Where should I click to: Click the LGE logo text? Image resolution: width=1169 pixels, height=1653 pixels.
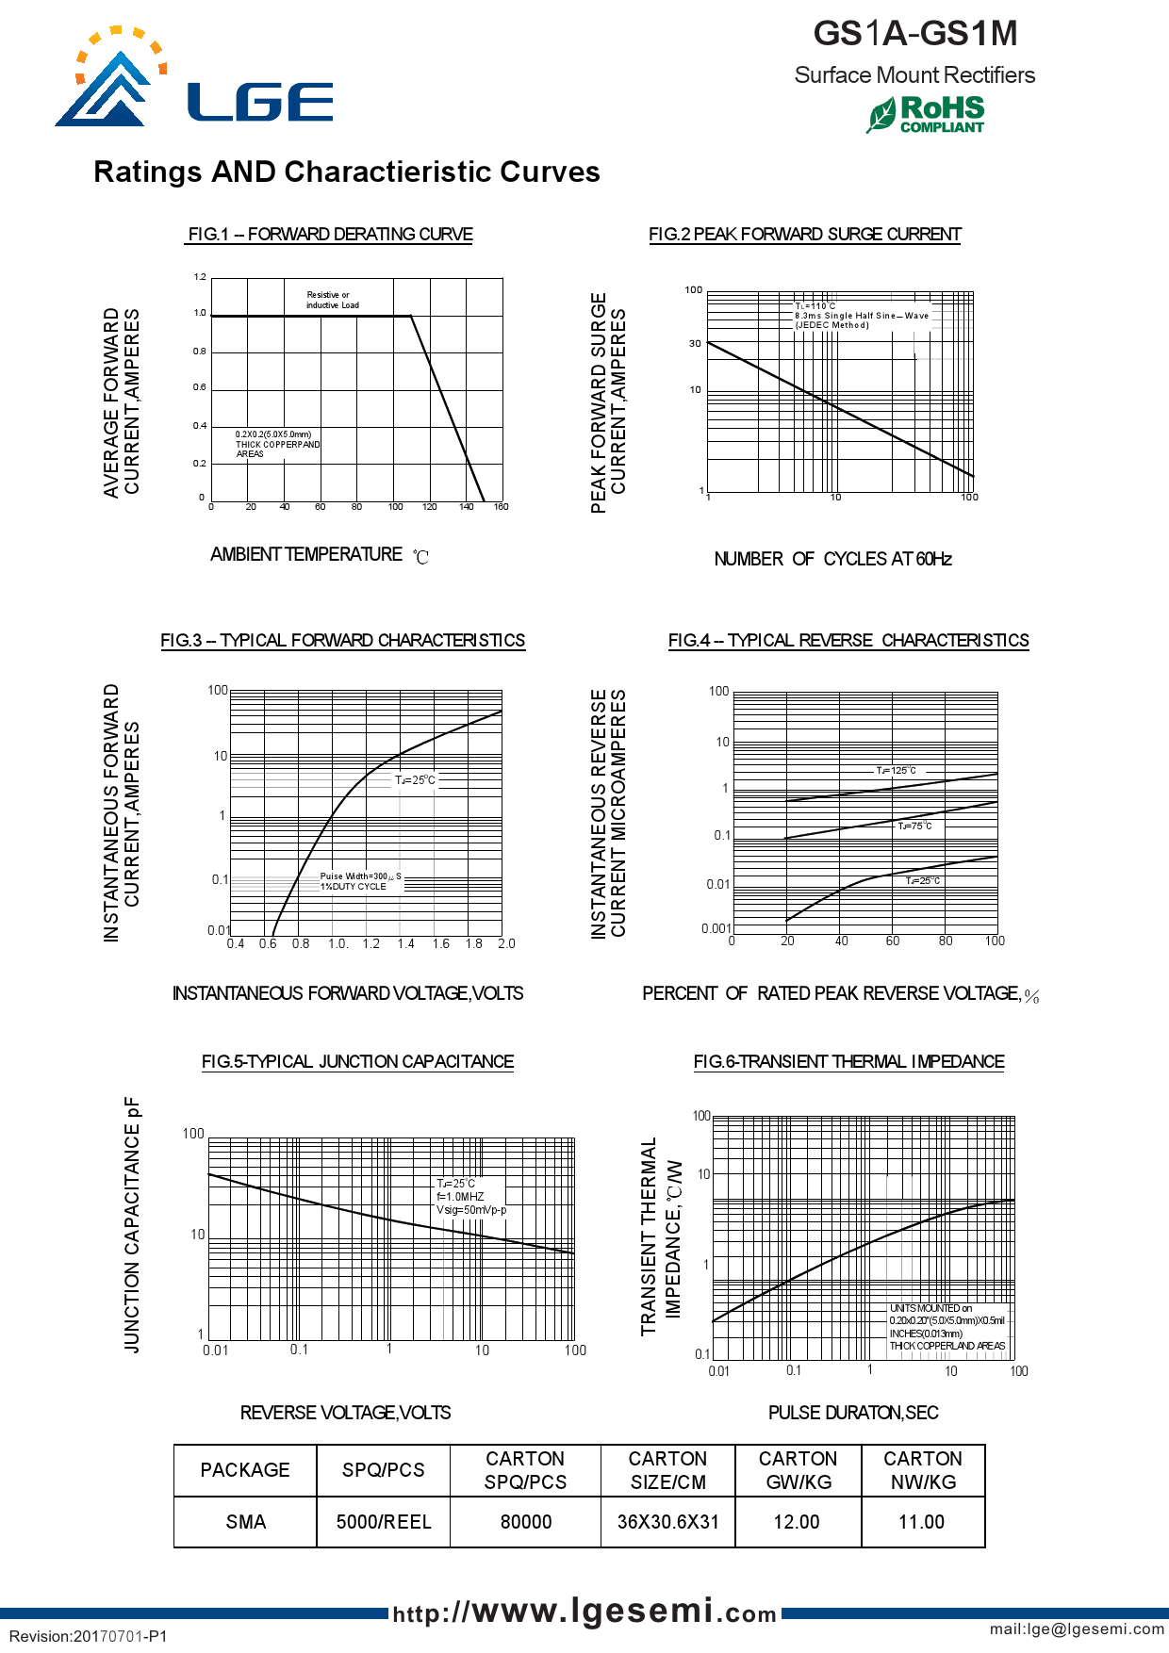[x=260, y=102]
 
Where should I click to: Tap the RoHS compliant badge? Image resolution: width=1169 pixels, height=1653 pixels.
[x=927, y=114]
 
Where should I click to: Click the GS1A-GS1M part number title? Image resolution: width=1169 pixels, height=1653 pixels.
[x=914, y=34]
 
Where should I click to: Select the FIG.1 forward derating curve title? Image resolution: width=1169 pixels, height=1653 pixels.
[x=330, y=234]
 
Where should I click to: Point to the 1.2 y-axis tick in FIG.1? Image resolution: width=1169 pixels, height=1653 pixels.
[x=200, y=277]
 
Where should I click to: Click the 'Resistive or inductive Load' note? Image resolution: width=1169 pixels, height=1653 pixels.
[x=332, y=300]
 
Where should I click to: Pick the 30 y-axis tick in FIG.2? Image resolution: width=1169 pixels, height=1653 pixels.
[x=695, y=344]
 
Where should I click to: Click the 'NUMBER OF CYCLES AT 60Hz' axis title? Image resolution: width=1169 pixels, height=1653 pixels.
[x=832, y=559]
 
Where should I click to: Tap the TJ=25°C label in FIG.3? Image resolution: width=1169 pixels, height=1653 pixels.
[x=415, y=780]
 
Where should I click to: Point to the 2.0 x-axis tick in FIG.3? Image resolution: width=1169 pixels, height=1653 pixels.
[x=506, y=943]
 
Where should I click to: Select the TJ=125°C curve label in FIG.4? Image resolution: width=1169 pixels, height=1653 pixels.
[x=896, y=771]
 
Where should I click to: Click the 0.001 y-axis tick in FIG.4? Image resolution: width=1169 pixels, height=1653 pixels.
[x=716, y=928]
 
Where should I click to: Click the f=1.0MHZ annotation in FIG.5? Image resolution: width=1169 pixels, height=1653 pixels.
[x=460, y=1197]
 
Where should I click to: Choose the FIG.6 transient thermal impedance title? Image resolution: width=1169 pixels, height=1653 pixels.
[x=848, y=1061]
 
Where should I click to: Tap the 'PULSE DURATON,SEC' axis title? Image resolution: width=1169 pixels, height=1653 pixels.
[x=853, y=1413]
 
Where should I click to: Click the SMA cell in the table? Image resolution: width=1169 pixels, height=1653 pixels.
[x=245, y=1522]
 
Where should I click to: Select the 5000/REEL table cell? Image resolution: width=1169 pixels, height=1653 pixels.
[x=384, y=1522]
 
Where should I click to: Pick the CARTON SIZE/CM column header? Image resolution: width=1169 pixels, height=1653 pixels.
[x=667, y=1470]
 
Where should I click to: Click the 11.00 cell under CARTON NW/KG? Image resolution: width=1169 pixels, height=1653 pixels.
[x=922, y=1522]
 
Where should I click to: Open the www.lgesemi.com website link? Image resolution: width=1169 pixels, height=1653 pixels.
[x=584, y=1612]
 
